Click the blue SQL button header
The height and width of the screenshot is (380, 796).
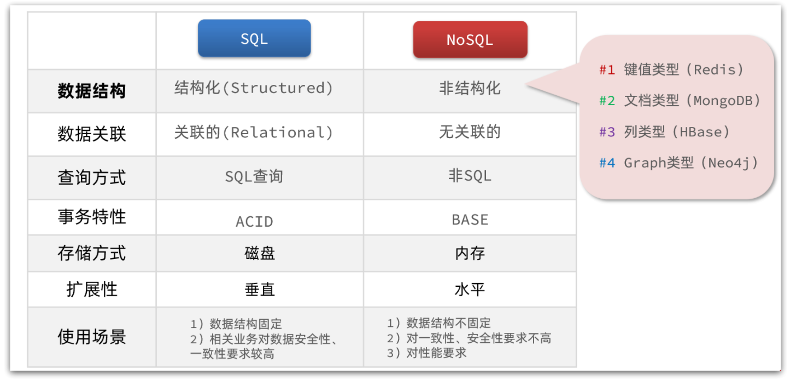pyautogui.click(x=254, y=39)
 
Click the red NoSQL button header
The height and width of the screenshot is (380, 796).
pyautogui.click(x=470, y=39)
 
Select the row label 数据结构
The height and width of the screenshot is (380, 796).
pyautogui.click(x=92, y=91)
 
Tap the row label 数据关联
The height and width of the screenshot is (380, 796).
pyautogui.click(x=92, y=134)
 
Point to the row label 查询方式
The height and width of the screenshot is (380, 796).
pyautogui.click(x=92, y=177)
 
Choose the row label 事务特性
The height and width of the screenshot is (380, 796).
pyautogui.click(x=92, y=217)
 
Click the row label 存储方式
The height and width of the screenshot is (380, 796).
pyautogui.click(x=92, y=253)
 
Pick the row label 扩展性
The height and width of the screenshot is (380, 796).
pyautogui.click(x=92, y=289)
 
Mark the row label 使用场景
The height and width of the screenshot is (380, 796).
pyautogui.click(x=92, y=337)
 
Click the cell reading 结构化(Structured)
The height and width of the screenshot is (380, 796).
pyautogui.click(x=254, y=88)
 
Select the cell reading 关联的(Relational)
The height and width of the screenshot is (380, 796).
pyautogui.click(x=254, y=133)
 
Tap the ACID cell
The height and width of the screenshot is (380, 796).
pyautogui.click(x=254, y=221)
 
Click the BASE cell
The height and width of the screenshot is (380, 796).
pyautogui.click(x=470, y=220)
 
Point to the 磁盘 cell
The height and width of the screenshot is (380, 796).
pyautogui.click(x=260, y=253)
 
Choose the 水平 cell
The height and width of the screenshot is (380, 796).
pyautogui.click(x=470, y=289)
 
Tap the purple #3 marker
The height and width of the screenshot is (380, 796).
pyautogui.click(x=607, y=132)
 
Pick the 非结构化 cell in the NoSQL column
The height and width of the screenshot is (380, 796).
pyautogui.click(x=470, y=88)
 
